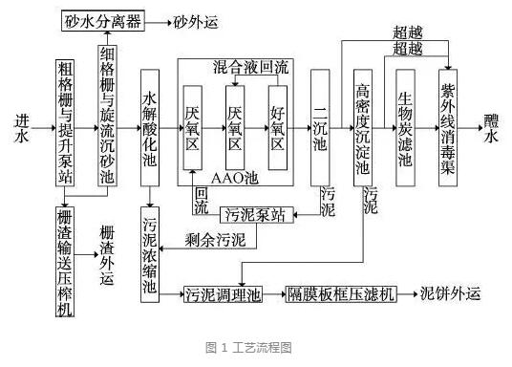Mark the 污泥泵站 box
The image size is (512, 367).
point(254,214)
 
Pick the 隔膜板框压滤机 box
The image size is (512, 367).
point(342,294)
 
